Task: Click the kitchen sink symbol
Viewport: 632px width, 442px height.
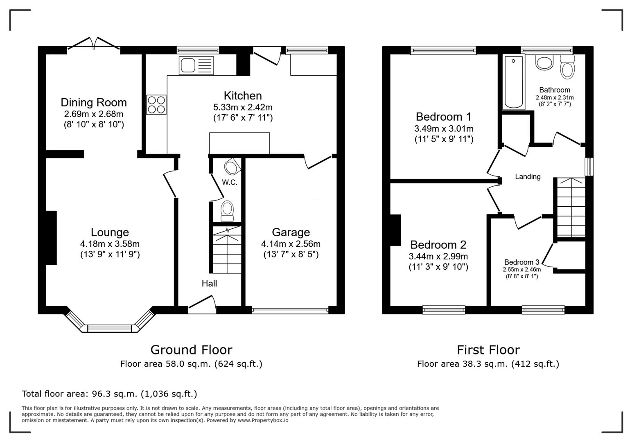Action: pos(196,65)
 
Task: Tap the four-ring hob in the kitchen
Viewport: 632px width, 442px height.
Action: pos(156,105)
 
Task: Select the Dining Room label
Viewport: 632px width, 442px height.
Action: pos(94,102)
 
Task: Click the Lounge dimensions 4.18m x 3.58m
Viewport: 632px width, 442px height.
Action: pos(110,244)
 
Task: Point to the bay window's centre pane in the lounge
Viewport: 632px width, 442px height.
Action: pos(110,328)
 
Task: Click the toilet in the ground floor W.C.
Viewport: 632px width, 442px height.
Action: pos(227,210)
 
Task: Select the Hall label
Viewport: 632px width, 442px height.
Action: pos(209,284)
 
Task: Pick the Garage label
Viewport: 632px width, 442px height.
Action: pos(291,232)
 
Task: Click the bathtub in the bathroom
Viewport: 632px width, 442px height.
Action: pos(514,82)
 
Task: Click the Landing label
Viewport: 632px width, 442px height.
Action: pos(528,177)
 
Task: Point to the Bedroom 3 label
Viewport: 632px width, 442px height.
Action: pos(521,262)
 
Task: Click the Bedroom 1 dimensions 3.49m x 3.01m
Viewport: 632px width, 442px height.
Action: pos(444,129)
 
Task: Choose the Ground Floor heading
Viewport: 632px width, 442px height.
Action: pos(191,350)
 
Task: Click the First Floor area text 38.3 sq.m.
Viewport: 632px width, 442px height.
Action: pos(488,364)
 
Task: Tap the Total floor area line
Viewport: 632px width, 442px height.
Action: pos(109,394)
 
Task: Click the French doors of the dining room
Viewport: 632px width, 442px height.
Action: pos(94,43)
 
